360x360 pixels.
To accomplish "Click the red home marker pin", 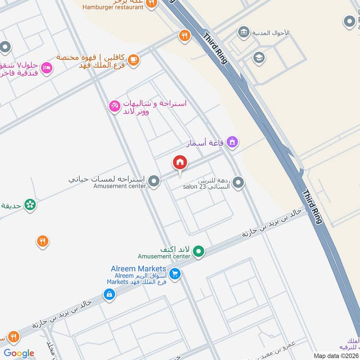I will tap(180, 162).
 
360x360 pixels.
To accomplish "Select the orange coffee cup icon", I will tap(133, 59).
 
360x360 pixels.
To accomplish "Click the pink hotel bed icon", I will tap(46, 68).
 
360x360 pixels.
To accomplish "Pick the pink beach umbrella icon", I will tap(115, 106).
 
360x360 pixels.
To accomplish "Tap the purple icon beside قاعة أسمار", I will tap(232, 142).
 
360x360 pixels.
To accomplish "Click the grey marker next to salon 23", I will tap(238, 182).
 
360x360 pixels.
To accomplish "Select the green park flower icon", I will tap(30, 205).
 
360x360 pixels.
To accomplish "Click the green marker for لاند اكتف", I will tap(199, 252).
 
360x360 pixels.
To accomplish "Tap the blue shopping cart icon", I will tap(175, 273).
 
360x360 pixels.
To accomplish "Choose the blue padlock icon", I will tap(109, 295).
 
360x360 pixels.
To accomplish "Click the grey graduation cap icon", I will tap(258, 57).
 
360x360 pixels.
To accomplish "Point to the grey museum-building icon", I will tap(243, 32).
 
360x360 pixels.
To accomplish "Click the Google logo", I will tap(19, 353).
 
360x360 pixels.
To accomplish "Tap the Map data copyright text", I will tap(336, 355).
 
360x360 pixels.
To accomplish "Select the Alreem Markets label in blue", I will tap(139, 269).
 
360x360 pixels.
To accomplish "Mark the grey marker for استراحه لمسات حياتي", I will tap(154, 181).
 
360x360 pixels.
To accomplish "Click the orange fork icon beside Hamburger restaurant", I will tap(152, 3).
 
